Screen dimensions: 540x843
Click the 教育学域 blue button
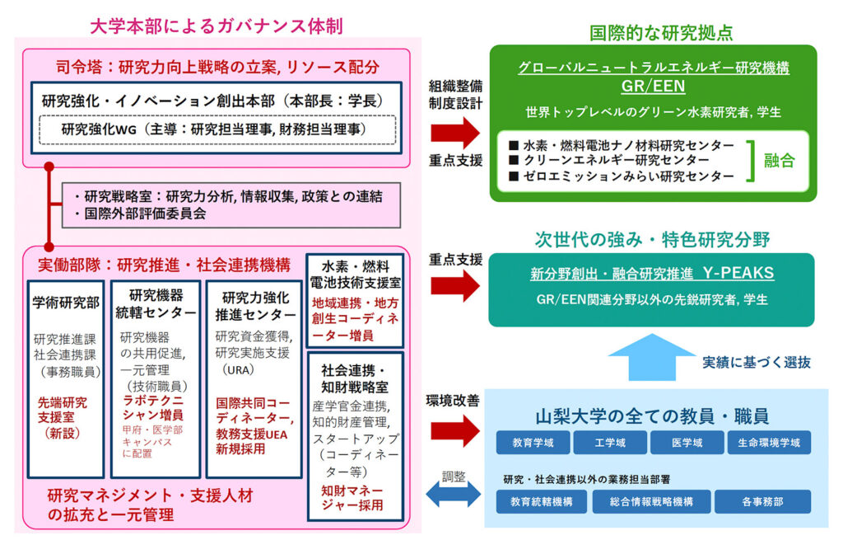pyautogui.click(x=532, y=443)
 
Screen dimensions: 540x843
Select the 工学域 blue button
pyautogui.click(x=609, y=443)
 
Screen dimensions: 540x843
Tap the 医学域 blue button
pyautogui.click(x=687, y=443)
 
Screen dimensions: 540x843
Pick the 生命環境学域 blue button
pyautogui.click(x=769, y=443)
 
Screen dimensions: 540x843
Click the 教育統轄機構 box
pyautogui.click(x=541, y=501)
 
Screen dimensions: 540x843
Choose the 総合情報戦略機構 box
pyautogui.click(x=650, y=501)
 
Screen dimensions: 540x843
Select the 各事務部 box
pyautogui.click(x=762, y=501)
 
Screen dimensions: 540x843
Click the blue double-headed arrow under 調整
pyautogui.click(x=452, y=495)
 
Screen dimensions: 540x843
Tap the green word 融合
pyautogui.click(x=779, y=160)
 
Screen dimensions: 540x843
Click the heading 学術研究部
pyautogui.click(x=66, y=303)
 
